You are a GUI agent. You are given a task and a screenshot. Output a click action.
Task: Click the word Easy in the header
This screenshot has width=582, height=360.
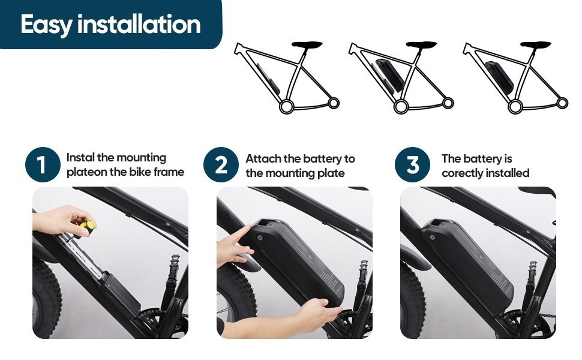tap(46, 25)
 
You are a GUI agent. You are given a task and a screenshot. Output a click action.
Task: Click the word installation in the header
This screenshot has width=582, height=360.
tap(139, 24)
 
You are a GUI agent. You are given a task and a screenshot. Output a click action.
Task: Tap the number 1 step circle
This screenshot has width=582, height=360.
tap(43, 164)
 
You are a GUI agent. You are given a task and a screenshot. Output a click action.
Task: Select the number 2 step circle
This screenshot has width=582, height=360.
tap(221, 164)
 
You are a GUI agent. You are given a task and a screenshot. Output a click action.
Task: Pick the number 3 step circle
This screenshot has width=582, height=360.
tap(412, 164)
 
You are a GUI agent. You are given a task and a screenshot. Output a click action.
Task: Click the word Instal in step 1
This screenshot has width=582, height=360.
tap(80, 157)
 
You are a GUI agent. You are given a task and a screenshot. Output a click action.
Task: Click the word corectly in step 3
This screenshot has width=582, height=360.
tap(463, 173)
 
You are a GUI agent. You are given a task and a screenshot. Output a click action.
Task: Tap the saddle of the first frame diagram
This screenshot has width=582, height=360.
tap(307, 44)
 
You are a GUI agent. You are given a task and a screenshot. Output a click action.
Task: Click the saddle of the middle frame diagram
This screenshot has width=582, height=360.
tap(421, 44)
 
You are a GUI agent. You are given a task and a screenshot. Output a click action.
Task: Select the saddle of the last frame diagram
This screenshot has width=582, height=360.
tap(535, 44)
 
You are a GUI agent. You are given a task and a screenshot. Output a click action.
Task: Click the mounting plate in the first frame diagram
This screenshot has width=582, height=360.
tap(267, 79)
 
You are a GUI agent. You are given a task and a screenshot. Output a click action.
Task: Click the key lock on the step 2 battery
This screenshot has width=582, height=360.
tap(260, 237)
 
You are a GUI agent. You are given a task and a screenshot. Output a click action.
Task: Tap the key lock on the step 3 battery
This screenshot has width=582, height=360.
tap(432, 237)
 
